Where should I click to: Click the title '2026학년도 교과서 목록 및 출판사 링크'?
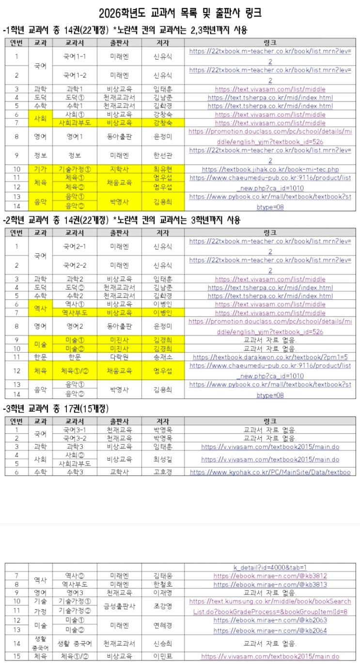pyautogui.click(x=180, y=12)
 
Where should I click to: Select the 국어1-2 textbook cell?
pyautogui.click(x=75, y=75)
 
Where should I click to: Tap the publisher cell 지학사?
pyautogui.click(x=119, y=170)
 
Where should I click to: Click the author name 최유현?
pyautogui.click(x=163, y=170)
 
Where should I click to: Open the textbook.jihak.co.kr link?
pyautogui.click(x=270, y=170)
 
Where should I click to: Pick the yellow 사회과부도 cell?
pyautogui.click(x=75, y=123)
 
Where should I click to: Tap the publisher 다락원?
pyautogui.click(x=119, y=357)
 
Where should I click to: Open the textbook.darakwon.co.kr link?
pyautogui.click(x=270, y=357)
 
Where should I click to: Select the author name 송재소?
pyautogui.click(x=163, y=357)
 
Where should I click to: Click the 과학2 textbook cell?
pyautogui.click(x=75, y=279)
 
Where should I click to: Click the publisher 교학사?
pyautogui.click(x=119, y=472)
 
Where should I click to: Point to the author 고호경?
pyautogui.click(x=163, y=472)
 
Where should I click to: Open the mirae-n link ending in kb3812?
pyautogui.click(x=270, y=576)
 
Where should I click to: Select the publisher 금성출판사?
pyautogui.click(x=119, y=606)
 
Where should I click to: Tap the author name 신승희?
pyautogui.click(x=163, y=643)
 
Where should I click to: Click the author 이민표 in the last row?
pyautogui.click(x=163, y=657)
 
